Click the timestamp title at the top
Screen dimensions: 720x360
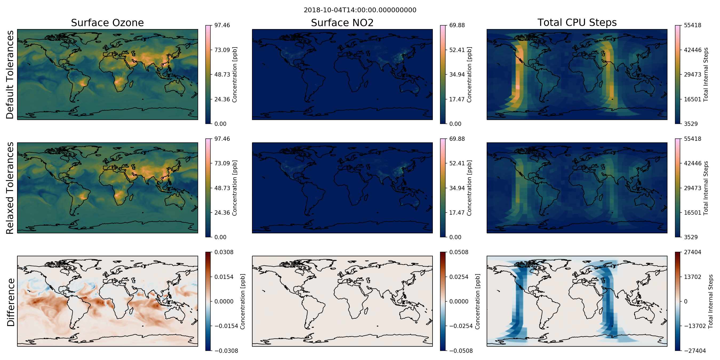tap(360, 10)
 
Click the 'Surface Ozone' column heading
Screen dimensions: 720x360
tap(107, 23)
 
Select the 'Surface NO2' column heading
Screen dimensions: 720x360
tap(342, 23)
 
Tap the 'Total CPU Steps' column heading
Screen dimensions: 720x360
tap(577, 23)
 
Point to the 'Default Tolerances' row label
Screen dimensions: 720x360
tap(10, 75)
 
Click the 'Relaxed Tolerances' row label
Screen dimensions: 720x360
tap(10, 188)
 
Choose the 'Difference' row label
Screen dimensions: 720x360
tap(11, 302)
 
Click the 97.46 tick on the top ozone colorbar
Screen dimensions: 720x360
tap(222, 25)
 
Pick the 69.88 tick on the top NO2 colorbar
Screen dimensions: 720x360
tap(457, 25)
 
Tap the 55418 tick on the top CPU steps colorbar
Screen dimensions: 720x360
tap(692, 25)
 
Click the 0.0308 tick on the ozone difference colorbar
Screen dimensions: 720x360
tap(224, 252)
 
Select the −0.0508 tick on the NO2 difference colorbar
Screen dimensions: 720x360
tap(461, 351)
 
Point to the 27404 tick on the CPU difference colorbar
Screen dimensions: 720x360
tap(692, 252)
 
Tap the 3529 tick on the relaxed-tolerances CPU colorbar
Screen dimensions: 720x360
tap(691, 237)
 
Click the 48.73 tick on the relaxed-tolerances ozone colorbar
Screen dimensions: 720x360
tap(222, 188)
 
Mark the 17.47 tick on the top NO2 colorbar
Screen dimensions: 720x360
tap(457, 99)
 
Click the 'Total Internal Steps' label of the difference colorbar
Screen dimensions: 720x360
tap(710, 301)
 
